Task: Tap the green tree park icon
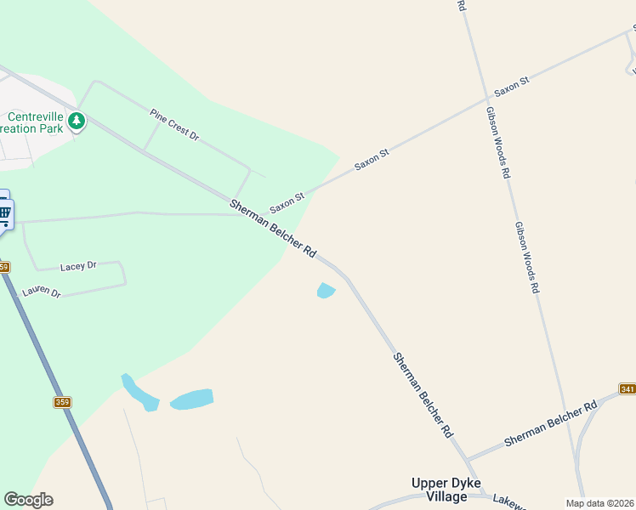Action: (x=77, y=121)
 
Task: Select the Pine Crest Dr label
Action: (x=173, y=124)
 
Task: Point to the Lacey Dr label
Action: (x=78, y=266)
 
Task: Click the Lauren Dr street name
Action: (x=42, y=292)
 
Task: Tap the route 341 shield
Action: (x=627, y=388)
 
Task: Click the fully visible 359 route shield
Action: (x=62, y=402)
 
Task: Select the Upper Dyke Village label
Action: (x=446, y=489)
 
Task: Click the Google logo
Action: (x=28, y=500)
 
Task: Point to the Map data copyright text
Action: (x=599, y=503)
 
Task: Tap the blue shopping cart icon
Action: (x=4, y=212)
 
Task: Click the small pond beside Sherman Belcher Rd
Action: (x=326, y=291)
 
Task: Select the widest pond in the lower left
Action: (x=191, y=399)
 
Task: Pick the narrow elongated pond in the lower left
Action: (x=139, y=393)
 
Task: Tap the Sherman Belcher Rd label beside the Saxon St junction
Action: (x=273, y=229)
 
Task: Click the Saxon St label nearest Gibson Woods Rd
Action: (x=512, y=86)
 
